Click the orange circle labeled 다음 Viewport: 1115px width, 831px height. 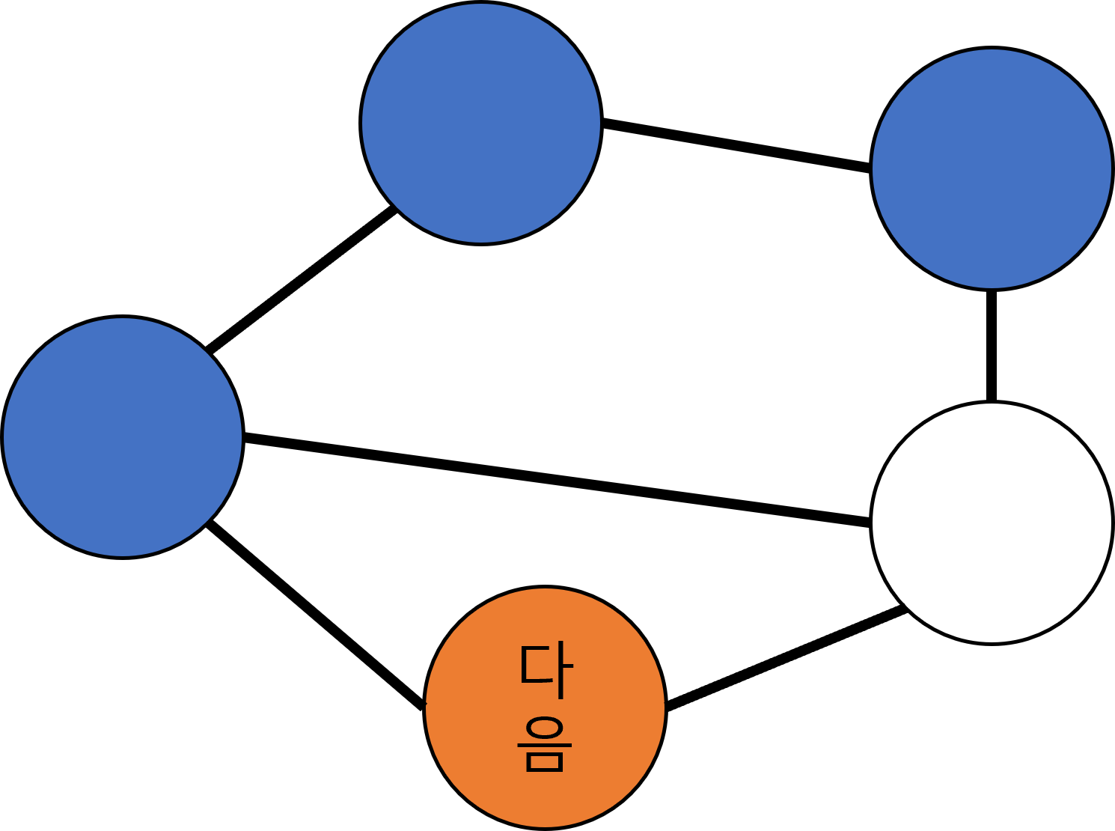545,707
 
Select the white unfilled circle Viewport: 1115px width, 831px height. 992,523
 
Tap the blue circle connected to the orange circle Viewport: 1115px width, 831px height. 123,437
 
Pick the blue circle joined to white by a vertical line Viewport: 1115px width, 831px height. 992,168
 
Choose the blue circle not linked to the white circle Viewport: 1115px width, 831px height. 481,124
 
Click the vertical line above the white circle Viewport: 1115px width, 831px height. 992,346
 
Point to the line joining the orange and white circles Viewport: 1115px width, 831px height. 786,657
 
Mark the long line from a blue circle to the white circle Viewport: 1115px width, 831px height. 557,479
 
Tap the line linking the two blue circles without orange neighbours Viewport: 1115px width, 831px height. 736,145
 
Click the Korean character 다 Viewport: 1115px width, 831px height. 547,670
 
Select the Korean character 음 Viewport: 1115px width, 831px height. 545,743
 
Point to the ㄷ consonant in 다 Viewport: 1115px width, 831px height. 537,665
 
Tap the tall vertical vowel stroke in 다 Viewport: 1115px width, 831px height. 561,670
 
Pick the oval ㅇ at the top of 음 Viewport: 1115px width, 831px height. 545,727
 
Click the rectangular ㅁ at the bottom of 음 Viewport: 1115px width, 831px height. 545,762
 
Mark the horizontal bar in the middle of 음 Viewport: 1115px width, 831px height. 545,745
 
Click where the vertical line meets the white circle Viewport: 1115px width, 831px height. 992,401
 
